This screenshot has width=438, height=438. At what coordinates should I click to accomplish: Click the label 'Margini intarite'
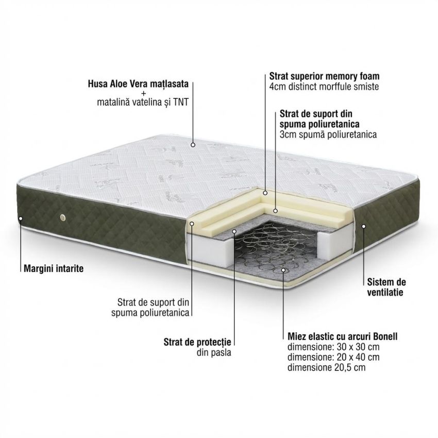point(54,268)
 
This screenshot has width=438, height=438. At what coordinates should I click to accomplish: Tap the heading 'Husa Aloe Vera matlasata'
point(138,84)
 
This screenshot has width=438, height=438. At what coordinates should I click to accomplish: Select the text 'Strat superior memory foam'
point(324,76)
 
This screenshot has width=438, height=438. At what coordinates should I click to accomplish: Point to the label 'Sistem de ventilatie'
point(386,287)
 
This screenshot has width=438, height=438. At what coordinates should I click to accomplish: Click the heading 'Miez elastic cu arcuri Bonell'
point(343,336)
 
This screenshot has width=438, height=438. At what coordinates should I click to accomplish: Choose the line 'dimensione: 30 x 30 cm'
point(333,347)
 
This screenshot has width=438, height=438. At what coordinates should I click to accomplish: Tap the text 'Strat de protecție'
point(197,342)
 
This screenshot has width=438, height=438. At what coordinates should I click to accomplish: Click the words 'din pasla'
point(214,352)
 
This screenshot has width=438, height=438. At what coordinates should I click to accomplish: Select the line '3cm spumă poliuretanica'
point(328,134)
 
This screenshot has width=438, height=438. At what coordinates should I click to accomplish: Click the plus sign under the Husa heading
point(144,93)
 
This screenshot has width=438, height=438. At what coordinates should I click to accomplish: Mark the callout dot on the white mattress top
point(193,145)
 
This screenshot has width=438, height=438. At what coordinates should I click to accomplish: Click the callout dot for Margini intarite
point(21,218)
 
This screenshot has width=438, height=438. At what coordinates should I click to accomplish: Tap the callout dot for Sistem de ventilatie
point(364,226)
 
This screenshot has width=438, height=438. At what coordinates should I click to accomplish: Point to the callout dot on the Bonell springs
point(283,270)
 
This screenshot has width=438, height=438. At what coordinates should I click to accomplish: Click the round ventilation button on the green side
point(62,217)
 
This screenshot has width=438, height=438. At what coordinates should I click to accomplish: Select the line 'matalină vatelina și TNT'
point(143,103)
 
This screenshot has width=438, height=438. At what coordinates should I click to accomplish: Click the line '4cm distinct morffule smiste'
point(324,87)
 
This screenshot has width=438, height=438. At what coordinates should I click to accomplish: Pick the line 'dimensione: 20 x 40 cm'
point(333,357)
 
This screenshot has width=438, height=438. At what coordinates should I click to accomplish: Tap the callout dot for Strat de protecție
point(234,231)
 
